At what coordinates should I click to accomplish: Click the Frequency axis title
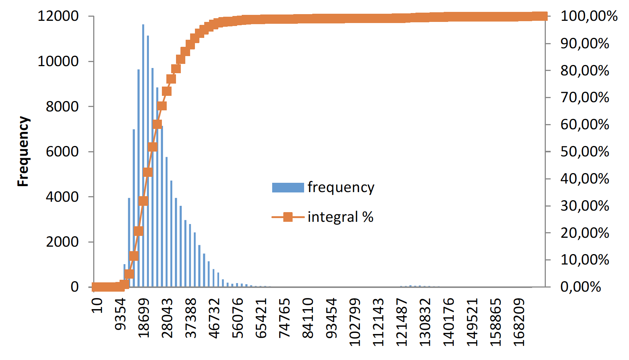23,151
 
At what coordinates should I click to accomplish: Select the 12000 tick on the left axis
58,16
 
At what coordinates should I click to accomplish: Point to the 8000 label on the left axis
62,107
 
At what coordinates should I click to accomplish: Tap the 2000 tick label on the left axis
62,242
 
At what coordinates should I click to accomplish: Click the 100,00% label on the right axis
589,16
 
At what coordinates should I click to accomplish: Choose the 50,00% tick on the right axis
585,152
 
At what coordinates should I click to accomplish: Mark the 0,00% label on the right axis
581,287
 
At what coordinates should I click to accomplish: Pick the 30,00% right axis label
585,206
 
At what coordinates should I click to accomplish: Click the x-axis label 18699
144,318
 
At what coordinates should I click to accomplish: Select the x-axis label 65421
261,318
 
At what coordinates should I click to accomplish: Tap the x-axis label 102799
355,322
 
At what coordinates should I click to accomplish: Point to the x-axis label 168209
519,322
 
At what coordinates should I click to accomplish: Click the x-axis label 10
97,305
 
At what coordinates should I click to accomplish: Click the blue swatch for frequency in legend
288,188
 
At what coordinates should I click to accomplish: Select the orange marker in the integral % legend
288,217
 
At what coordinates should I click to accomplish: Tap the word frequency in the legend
341,188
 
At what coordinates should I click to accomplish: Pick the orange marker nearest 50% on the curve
153,147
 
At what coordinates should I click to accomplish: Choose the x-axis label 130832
426,322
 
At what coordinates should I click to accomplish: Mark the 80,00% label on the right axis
585,70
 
